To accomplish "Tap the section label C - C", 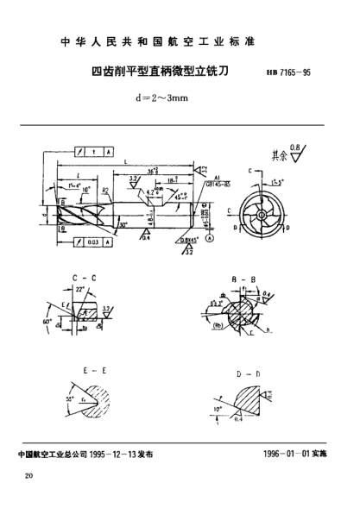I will click(88, 279).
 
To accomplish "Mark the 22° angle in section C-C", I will click(81, 290).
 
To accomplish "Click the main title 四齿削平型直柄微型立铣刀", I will click(159, 73).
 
